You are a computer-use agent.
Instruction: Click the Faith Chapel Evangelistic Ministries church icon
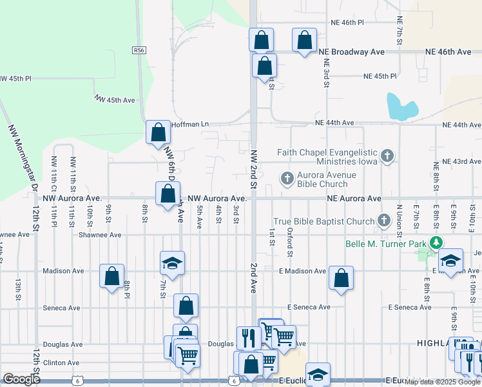point(387,155)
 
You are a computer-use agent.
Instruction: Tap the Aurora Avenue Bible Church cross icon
point(287,177)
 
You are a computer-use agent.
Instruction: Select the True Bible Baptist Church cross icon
point(384,221)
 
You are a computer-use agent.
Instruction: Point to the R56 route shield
point(139,50)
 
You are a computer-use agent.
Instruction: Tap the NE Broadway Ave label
point(354,52)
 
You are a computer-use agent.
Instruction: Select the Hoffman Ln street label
point(191,124)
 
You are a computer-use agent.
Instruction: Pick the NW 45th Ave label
point(115,100)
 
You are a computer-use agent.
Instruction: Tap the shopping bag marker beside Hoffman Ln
point(158,133)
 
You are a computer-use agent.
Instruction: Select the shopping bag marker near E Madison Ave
point(341,278)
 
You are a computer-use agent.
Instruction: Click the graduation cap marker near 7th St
point(172,263)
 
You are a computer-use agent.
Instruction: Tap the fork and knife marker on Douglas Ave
point(248,337)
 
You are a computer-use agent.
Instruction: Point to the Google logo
point(22,379)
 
